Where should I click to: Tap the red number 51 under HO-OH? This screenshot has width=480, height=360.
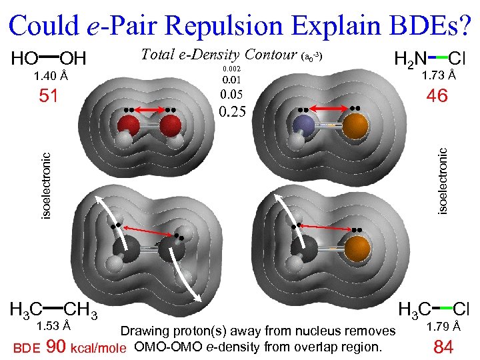tap(47, 97)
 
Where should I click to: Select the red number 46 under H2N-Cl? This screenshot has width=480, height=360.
tap(437, 97)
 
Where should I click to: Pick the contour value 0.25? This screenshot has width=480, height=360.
tap(233, 110)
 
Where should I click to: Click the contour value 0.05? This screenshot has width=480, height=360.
tap(233, 95)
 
